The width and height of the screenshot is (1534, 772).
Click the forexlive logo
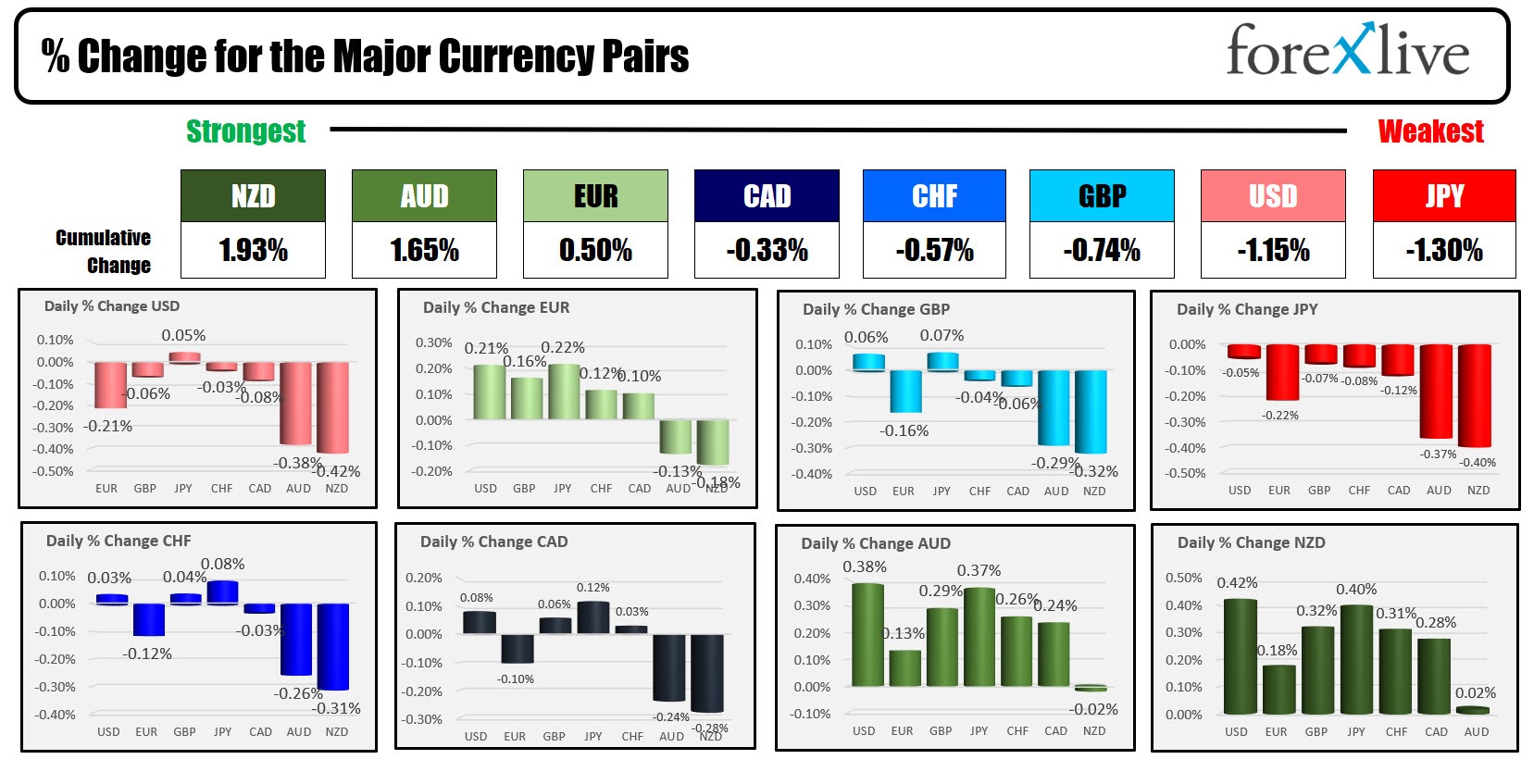point(1347,51)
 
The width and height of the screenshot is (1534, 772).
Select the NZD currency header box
point(253,196)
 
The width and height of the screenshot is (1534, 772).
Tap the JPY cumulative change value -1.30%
point(1443,250)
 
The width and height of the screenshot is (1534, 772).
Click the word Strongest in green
point(245,131)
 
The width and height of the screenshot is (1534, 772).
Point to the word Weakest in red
point(1430,131)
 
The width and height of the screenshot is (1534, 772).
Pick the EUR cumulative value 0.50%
point(595,250)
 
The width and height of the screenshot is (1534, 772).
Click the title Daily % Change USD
point(112,306)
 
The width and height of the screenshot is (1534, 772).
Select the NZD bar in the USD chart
point(333,407)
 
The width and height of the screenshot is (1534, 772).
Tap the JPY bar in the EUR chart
point(563,392)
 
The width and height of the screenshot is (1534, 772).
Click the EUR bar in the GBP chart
point(905,391)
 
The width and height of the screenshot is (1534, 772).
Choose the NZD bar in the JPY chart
point(1475,395)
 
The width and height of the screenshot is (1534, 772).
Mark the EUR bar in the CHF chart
point(148,619)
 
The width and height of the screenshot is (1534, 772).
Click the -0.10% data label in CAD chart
point(515,679)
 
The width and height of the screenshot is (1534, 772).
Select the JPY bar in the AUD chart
point(979,637)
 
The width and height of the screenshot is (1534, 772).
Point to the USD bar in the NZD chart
point(1240,656)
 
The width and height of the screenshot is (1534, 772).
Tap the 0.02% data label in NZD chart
point(1475,693)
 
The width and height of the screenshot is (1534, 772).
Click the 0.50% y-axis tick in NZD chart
point(1183,579)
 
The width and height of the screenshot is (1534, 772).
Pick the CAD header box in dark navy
point(767,196)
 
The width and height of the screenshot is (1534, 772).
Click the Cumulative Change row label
point(103,251)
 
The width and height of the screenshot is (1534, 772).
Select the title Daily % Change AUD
point(875,543)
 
